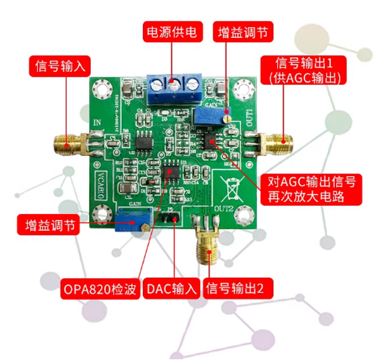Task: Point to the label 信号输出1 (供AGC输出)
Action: pos(304,70)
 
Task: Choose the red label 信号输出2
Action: pos(235,289)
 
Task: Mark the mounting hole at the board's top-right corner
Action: pos(241,89)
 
